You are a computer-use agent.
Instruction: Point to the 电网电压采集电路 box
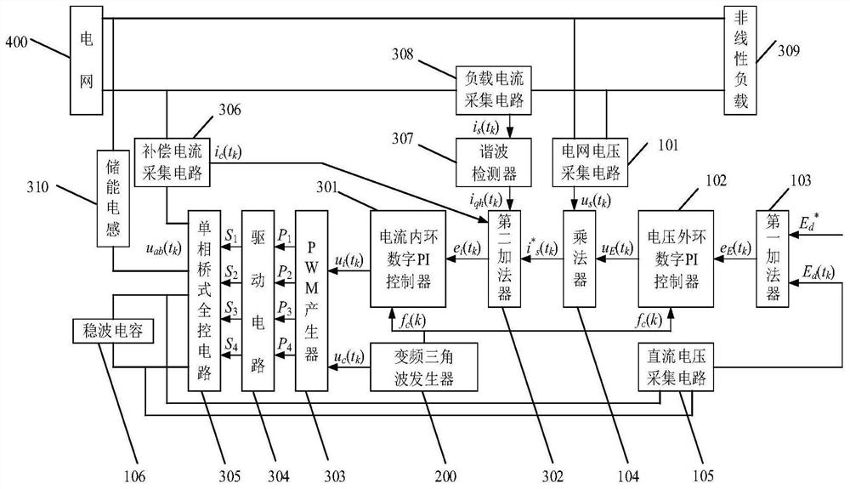[590, 159]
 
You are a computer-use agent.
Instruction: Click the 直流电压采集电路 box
[675, 366]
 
